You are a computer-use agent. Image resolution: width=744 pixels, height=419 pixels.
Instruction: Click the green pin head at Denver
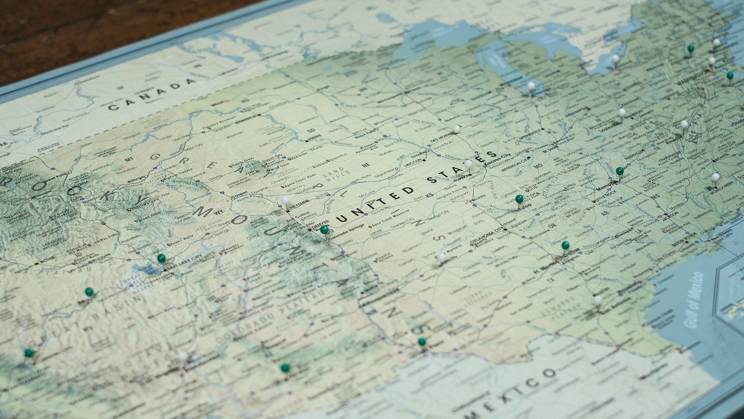coord(324,230)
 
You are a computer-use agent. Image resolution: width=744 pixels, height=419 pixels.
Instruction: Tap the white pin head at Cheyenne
coord(286,200)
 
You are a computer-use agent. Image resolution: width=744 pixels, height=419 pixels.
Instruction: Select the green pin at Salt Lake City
coord(161,258)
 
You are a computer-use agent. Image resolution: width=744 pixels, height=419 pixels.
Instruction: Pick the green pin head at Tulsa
coord(519,199)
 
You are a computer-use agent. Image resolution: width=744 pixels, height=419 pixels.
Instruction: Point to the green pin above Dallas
coord(565,245)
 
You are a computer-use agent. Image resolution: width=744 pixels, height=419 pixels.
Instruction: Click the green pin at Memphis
coord(620,171)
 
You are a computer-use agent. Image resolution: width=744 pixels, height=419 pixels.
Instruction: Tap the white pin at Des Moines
coord(457,129)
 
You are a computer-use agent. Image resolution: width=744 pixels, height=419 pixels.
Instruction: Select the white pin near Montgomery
coord(715,177)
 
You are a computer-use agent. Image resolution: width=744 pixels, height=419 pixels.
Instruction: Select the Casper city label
coord(239,196)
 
